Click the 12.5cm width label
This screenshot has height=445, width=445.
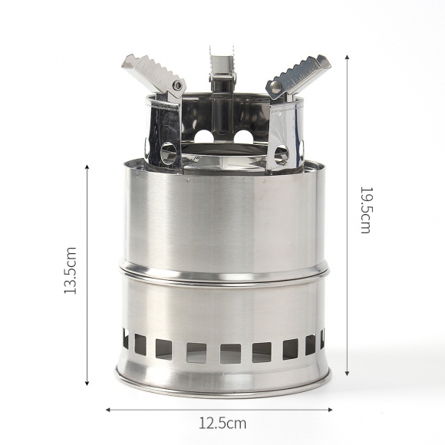222,424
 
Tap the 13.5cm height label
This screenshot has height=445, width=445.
70,270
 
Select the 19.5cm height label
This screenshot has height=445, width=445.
365,210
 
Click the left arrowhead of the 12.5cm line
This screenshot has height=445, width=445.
108,410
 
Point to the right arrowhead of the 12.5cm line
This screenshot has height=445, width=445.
330,410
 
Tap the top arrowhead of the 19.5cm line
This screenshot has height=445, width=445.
347,58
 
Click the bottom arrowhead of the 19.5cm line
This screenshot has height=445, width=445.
347,374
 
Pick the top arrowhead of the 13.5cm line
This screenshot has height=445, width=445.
87,167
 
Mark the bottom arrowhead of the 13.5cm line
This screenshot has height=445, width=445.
87,383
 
